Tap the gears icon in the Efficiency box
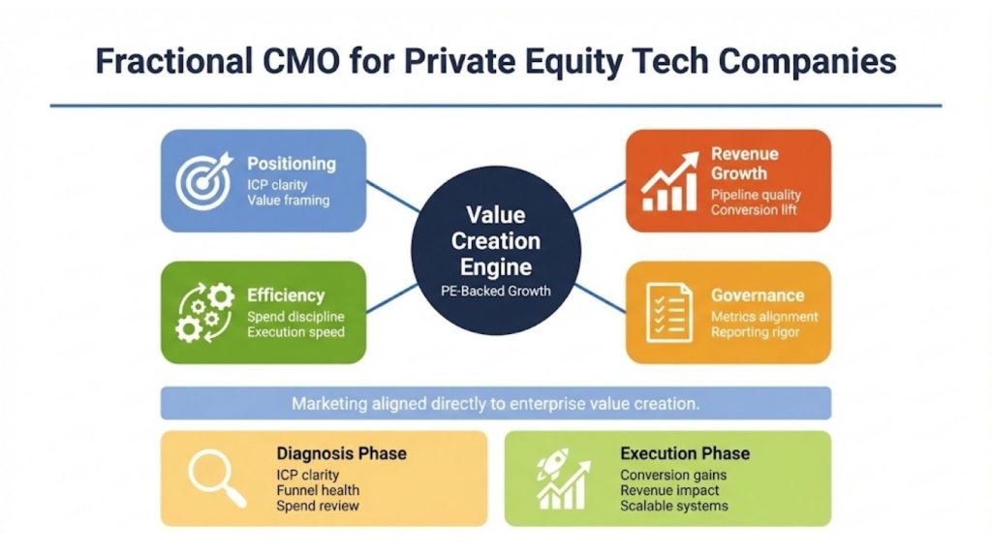[203, 312]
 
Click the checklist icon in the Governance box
[668, 312]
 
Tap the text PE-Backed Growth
[495, 290]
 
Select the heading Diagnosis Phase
[341, 453]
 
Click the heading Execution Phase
[684, 453]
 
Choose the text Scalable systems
[673, 506]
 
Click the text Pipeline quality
[756, 195]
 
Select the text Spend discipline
[295, 317]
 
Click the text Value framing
[288, 201]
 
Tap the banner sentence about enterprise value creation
[495, 403]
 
